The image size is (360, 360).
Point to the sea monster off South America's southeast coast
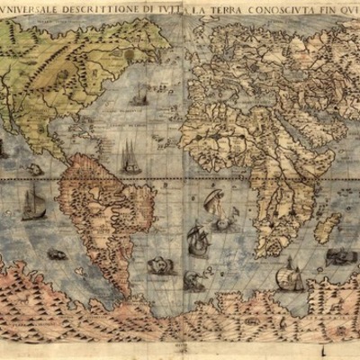coord(160,265)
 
